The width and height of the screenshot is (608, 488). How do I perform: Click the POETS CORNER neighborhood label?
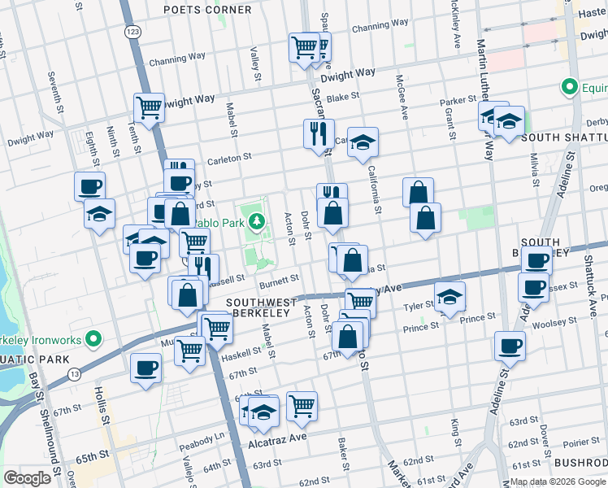coord(207,10)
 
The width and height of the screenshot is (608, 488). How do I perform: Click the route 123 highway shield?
coord(132,30)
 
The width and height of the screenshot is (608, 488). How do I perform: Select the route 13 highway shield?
coord(75,373)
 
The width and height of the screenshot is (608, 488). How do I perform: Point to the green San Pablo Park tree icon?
coord(257,220)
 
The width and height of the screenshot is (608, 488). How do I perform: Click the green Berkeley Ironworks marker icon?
coord(96,338)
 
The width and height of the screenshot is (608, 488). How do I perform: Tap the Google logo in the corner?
coord(27,478)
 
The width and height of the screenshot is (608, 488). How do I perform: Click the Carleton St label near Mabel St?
coord(229,158)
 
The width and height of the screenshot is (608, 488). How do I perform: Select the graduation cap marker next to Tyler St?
coord(449,297)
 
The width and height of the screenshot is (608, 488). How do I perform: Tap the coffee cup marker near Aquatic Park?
coord(146,367)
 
